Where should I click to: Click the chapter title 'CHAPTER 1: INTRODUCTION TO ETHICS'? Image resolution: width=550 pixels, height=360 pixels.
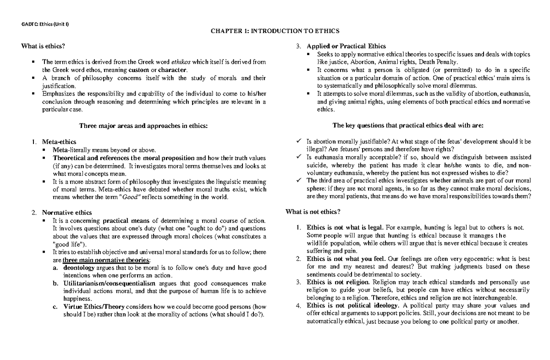click(275, 31)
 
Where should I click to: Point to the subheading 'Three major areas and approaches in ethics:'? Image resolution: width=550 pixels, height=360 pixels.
click(143, 125)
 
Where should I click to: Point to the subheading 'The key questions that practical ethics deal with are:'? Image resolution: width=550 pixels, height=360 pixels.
click(408, 125)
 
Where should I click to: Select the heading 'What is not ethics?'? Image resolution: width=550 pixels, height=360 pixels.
click(313, 211)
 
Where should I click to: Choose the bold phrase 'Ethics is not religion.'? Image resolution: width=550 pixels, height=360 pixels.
click(340, 282)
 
